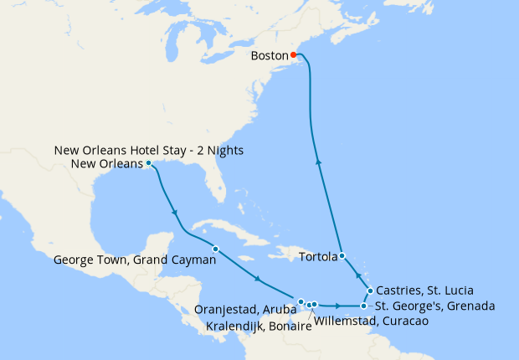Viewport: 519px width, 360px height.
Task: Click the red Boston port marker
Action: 294,56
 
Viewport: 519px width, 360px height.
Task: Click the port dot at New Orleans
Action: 148,163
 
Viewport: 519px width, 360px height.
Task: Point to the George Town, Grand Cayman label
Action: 128,260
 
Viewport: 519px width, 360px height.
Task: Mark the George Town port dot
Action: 215,249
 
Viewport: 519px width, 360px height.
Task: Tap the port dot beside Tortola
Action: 342,256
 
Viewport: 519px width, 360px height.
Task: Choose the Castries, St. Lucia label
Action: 420,290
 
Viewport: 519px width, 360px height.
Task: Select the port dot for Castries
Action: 370,291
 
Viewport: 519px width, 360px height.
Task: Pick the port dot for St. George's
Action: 363,306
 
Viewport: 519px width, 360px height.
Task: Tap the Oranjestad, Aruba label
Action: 245,310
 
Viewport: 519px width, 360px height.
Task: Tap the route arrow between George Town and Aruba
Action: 256,279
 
